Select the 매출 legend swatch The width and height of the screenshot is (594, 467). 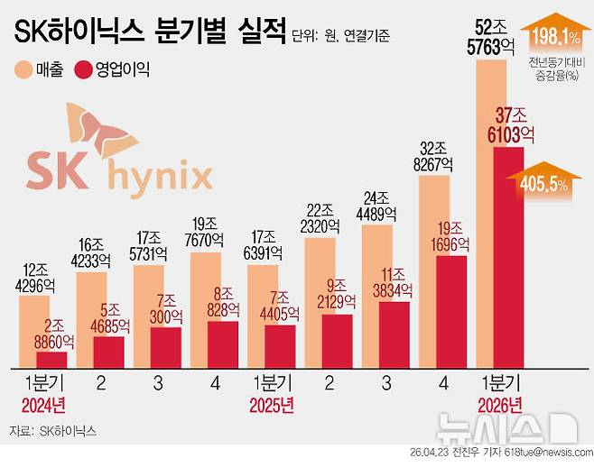click(24, 69)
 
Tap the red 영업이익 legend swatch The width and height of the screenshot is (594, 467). click(88, 69)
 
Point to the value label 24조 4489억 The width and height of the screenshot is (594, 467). click(378, 206)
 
